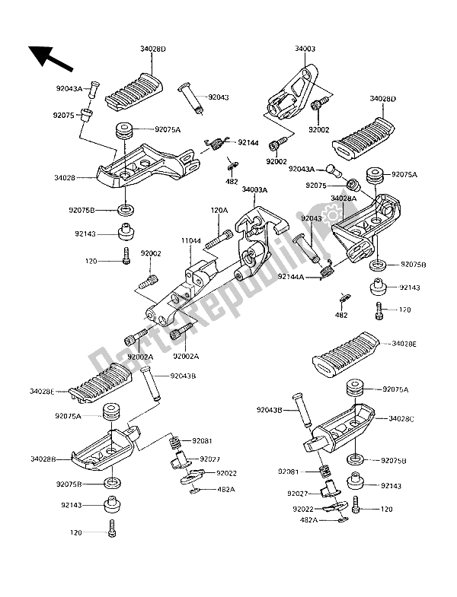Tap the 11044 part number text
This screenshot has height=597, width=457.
pyautogui.click(x=190, y=240)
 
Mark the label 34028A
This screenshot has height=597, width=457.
pyautogui.click(x=344, y=198)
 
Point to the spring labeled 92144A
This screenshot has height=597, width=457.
pyautogui.click(x=328, y=268)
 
